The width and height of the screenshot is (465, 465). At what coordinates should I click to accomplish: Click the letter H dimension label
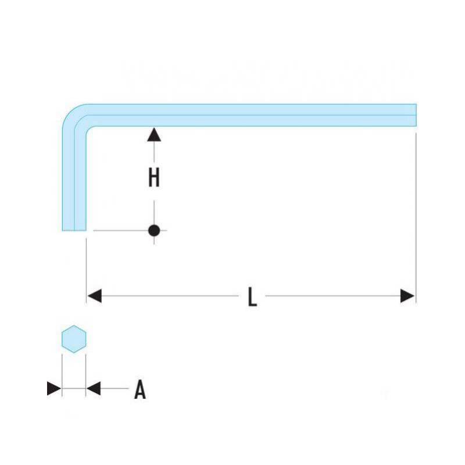coord(154,177)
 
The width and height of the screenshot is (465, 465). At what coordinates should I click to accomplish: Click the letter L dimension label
coord(252,296)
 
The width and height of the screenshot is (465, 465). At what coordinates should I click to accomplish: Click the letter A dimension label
coord(140,389)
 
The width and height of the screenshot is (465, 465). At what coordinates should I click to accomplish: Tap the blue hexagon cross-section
coord(74,339)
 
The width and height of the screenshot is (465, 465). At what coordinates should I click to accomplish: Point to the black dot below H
coord(154,230)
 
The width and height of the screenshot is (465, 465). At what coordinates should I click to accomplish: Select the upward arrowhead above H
coord(154,134)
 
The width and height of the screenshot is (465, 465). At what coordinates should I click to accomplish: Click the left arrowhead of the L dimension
coord(95,296)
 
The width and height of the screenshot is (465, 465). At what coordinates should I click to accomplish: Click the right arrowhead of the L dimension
coord(407,296)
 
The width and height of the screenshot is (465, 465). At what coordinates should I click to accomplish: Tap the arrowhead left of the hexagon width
coord(54,388)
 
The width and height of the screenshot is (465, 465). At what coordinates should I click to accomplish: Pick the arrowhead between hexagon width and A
coord(94,388)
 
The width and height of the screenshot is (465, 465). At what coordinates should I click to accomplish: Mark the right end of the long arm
coord(416,115)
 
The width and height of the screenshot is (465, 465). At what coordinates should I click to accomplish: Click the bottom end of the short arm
coord(74,230)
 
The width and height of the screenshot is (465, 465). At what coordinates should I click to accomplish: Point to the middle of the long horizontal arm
coord(252,115)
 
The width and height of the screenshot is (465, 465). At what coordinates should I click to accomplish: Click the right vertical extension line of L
coord(416,218)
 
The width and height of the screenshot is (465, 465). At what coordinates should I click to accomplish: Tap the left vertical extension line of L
coord(86,270)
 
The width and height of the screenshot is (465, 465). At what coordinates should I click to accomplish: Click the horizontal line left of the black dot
coord(121,230)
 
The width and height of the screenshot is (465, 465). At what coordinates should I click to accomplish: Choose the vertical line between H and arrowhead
coord(154,152)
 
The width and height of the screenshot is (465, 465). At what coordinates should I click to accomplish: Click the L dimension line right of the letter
coord(332,296)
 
